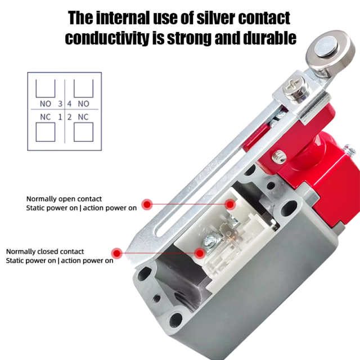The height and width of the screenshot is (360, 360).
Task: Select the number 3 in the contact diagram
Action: click(x=60, y=103)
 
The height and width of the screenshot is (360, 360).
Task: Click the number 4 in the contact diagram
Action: click(x=69, y=103)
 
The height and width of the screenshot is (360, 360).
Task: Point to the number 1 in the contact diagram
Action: click(x=60, y=117)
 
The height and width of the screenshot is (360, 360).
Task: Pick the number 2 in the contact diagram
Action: click(x=69, y=117)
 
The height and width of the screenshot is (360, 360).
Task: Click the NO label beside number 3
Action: click(x=46, y=103)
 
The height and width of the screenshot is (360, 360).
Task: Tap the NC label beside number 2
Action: click(x=83, y=117)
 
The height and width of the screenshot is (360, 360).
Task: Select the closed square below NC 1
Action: click(x=44, y=132)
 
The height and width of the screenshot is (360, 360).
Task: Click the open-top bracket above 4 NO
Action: click(x=83, y=88)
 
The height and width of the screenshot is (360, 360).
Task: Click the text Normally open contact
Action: click(x=64, y=199)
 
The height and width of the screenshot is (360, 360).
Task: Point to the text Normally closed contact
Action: click(x=45, y=251)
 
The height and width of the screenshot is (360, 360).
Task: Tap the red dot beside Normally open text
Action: click(x=147, y=204)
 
